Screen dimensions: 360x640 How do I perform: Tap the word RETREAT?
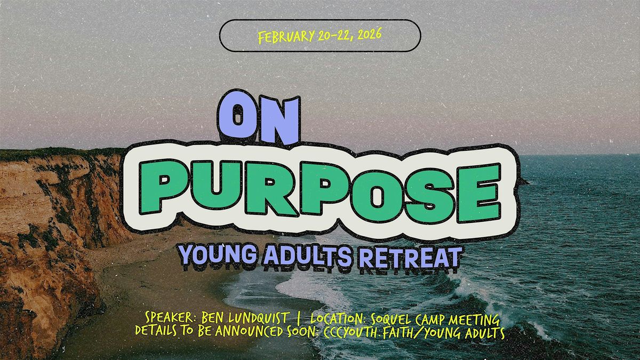[x=410, y=257]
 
